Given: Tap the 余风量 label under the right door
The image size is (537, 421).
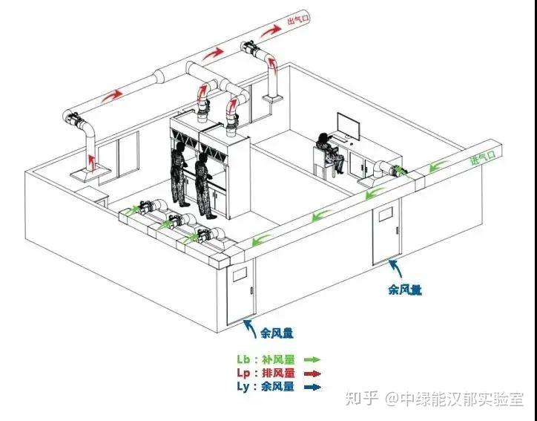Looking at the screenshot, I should click(405, 290).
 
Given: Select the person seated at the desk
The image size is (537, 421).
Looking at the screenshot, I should click(327, 153).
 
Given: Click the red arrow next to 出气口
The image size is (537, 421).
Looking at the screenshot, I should click(272, 30).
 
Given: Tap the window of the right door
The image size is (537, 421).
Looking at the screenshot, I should click(384, 215).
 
